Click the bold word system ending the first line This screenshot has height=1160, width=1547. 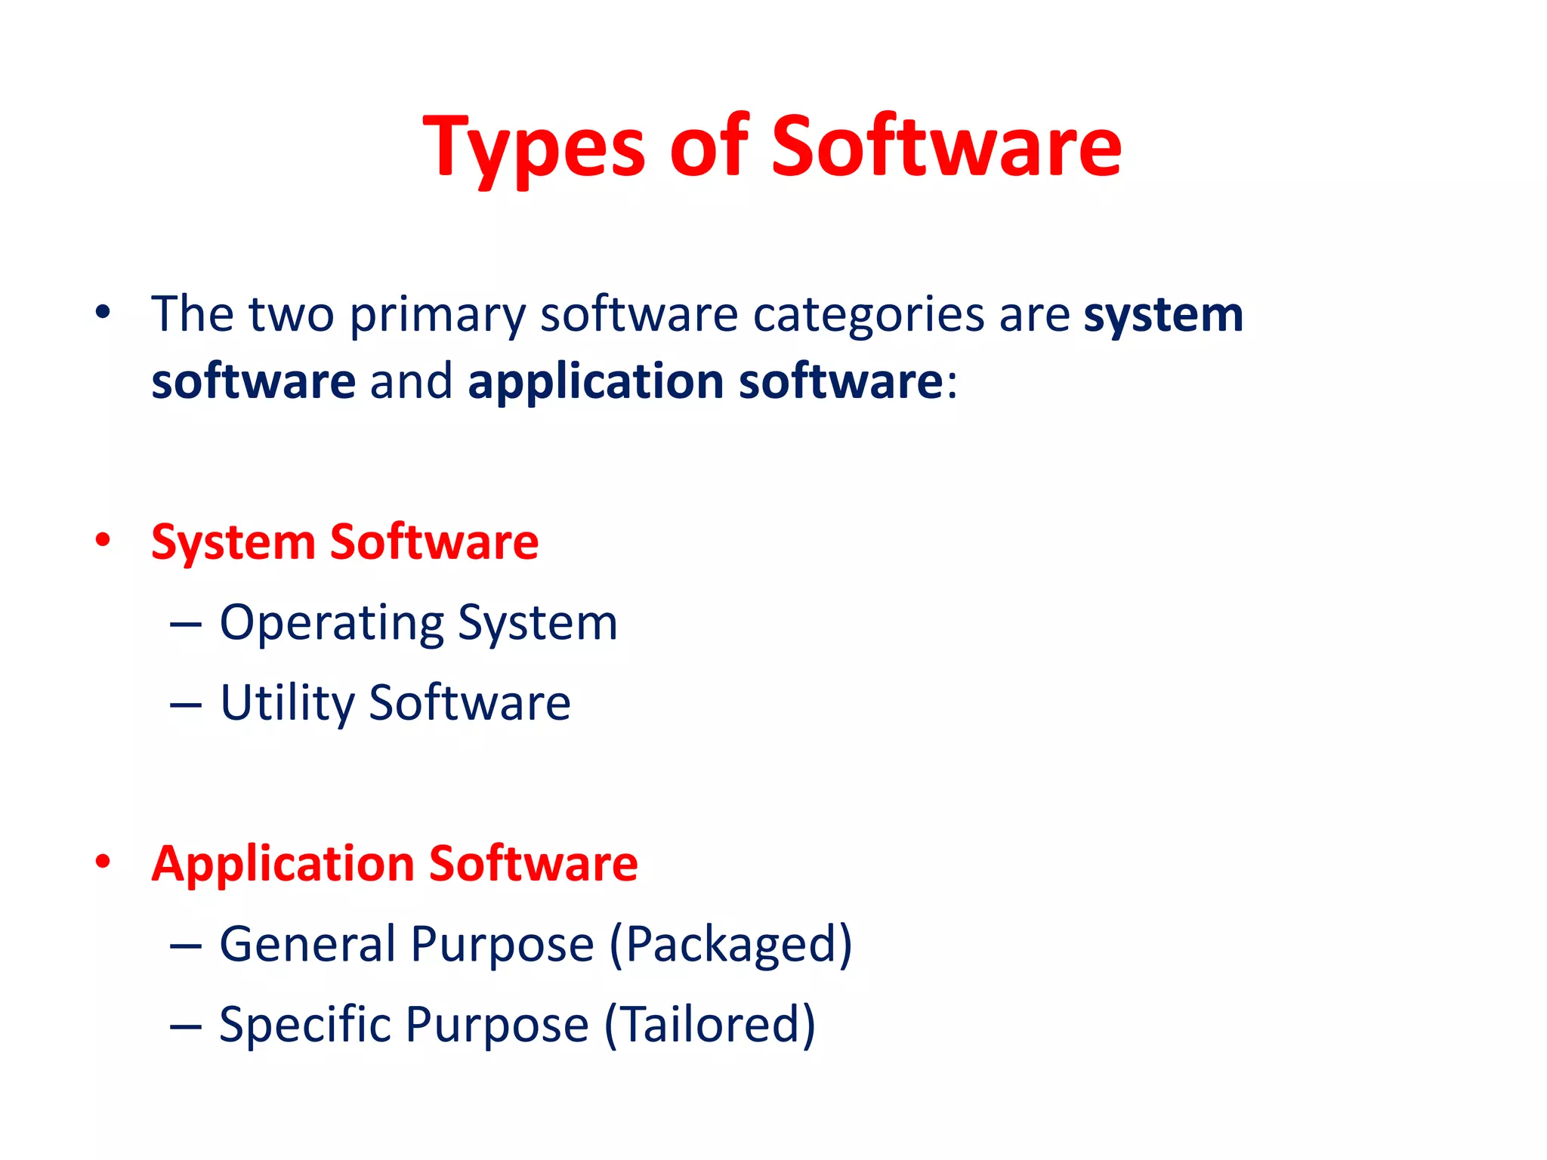pos(1163,315)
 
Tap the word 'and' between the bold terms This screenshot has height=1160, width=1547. pos(412,381)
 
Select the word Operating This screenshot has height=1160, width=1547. pos(332,624)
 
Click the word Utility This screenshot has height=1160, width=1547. pos(287,704)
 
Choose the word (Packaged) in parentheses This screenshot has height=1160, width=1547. pos(730,946)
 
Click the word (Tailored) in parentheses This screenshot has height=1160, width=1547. pos(710,1025)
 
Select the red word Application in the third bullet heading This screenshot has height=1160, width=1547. pos(283,863)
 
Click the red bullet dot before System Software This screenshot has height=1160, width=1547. pos(103,540)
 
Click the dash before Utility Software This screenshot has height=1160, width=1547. pos(186,705)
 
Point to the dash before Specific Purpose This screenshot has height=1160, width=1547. pos(186,1026)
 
